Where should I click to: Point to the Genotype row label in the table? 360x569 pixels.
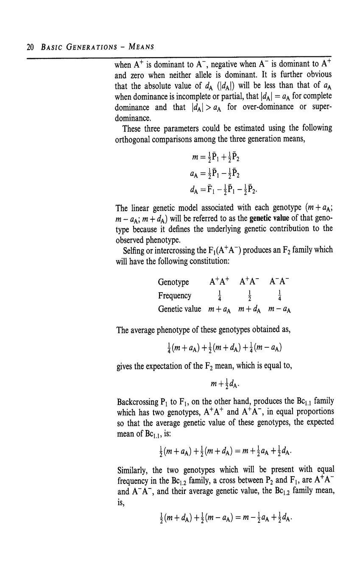pos(173,282)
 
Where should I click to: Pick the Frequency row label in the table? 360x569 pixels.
pos(174,296)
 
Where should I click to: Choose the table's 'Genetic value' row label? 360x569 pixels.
pos(179,309)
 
